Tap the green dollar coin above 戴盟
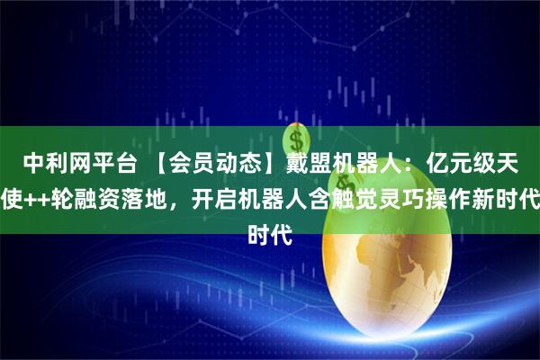(x=296, y=139)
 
